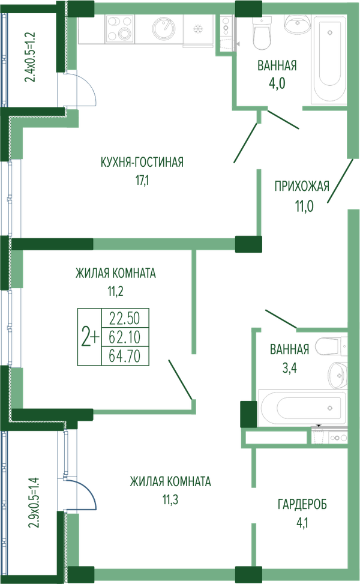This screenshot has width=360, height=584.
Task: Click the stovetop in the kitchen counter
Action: click(119, 28)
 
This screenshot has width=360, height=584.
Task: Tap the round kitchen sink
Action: click(163, 28)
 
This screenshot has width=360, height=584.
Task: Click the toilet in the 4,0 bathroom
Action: click(261, 32)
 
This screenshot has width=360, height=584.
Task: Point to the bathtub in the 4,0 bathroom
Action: click(327, 59)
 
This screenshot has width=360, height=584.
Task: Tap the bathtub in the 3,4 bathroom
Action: click(302, 408)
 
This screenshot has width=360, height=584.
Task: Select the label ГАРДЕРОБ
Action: click(302, 504)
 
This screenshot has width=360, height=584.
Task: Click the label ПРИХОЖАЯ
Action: click(302, 186)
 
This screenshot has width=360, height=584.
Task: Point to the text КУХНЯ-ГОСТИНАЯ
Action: click(142, 162)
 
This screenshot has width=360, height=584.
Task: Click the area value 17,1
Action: click(142, 181)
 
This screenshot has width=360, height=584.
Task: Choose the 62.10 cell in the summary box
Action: click(125, 337)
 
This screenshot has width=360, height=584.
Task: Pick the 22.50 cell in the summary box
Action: click(125, 319)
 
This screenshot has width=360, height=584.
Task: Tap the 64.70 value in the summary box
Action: click(125, 357)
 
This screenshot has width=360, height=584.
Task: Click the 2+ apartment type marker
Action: click(90, 337)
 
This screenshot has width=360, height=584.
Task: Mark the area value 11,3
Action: click(170, 499)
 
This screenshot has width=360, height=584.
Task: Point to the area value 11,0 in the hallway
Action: click(305, 206)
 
